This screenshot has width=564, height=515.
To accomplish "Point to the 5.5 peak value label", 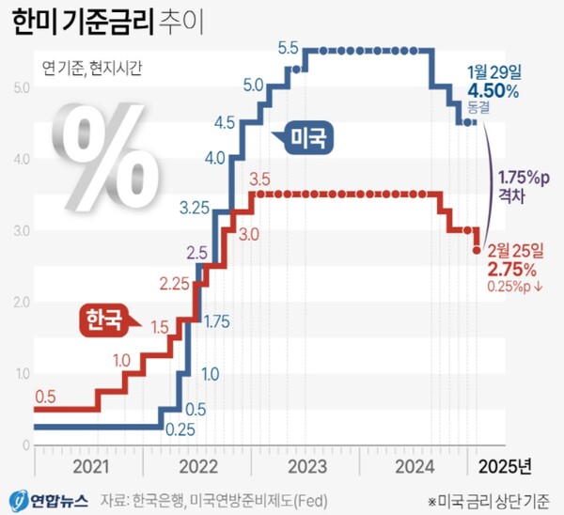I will click(289, 49).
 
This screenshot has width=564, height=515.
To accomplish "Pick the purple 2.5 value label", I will click(197, 251).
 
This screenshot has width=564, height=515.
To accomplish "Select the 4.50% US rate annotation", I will click(493, 90).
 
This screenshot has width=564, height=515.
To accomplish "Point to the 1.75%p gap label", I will click(522, 177).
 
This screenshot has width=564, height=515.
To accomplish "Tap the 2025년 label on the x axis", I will click(505, 465).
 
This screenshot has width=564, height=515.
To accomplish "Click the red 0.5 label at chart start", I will click(45, 394).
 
